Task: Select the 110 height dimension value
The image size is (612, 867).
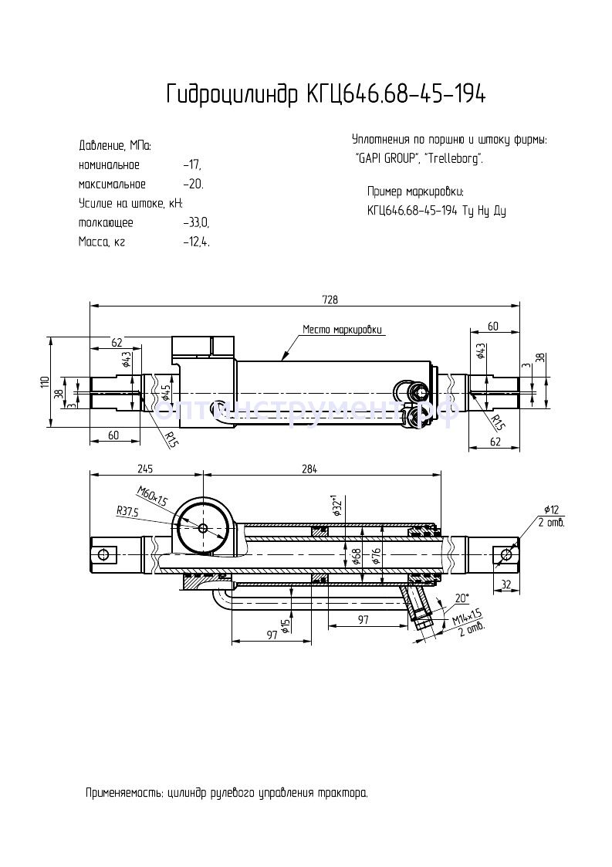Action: point(46,381)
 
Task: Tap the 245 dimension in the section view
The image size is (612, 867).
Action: point(144,469)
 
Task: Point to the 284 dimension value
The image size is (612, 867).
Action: point(310,469)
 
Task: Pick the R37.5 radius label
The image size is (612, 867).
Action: point(127,510)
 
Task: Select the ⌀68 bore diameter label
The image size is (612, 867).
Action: point(356,557)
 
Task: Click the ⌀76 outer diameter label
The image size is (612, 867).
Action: point(376,557)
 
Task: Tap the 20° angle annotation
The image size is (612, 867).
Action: point(462,598)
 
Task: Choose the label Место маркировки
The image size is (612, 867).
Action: point(342,330)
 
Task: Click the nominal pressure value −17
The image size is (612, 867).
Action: point(192,165)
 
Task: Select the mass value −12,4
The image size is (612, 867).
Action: point(196,242)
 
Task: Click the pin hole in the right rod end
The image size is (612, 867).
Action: point(506,554)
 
